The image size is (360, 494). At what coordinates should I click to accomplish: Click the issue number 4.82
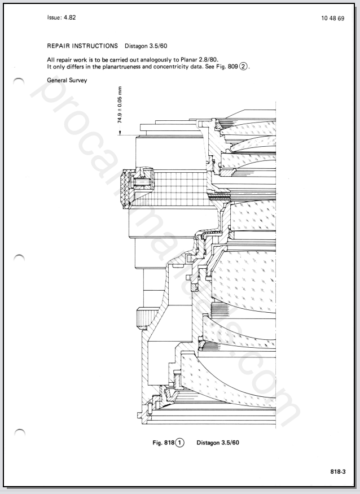[x=69, y=18]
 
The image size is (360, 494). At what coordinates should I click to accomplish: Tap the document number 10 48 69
[x=332, y=18]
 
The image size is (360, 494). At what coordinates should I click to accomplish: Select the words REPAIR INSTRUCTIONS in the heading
[x=82, y=46]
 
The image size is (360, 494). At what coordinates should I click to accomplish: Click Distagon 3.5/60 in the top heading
[x=146, y=46]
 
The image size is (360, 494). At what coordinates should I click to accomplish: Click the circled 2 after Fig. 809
[x=243, y=67]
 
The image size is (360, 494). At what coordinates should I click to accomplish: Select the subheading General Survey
[x=67, y=80]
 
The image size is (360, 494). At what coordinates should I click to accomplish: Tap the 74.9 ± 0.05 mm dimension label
[x=120, y=105]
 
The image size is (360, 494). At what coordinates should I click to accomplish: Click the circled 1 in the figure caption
[x=179, y=443]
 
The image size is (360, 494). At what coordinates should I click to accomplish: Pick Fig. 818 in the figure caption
[x=163, y=443]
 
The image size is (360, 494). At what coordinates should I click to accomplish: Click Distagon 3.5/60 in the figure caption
[x=218, y=443]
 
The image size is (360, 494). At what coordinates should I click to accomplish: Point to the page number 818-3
[x=338, y=471]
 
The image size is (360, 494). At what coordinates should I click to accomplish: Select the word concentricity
[x=167, y=67]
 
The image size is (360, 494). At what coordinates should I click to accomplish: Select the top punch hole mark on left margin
[x=19, y=81]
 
